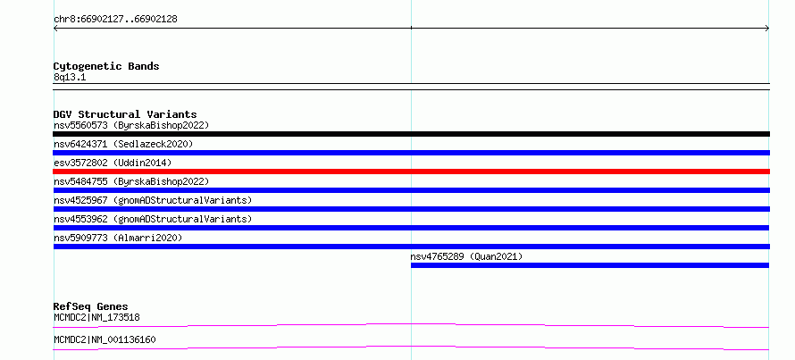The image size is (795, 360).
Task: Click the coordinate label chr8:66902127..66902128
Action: click(x=115, y=20)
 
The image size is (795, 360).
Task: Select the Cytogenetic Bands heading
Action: click(x=106, y=66)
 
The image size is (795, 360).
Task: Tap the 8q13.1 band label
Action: click(x=70, y=78)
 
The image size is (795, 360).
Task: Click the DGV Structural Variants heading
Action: click(x=125, y=114)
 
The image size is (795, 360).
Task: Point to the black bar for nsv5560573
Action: click(x=411, y=134)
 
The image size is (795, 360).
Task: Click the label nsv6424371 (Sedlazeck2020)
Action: click(x=123, y=144)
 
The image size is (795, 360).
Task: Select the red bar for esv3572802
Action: click(x=411, y=172)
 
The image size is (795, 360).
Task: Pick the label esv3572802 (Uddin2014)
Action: click(x=113, y=163)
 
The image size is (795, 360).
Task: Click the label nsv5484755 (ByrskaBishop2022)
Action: click(x=130, y=181)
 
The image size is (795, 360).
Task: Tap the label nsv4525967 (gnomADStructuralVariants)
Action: click(x=153, y=200)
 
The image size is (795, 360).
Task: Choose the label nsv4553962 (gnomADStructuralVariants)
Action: click(x=153, y=219)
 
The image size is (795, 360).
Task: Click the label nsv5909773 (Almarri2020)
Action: click(x=118, y=238)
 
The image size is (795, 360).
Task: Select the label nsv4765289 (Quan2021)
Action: click(x=466, y=256)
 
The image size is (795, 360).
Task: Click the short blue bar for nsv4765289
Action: click(x=590, y=265)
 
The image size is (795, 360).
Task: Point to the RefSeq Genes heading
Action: click(x=90, y=306)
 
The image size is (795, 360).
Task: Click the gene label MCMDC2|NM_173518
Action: click(x=96, y=317)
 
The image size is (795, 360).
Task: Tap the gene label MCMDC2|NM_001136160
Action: click(x=105, y=339)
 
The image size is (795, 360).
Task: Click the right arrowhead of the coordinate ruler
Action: click(x=768, y=29)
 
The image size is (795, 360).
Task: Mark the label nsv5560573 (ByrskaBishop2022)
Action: click(x=130, y=125)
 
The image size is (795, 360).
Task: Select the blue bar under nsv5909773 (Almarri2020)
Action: click(x=411, y=247)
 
